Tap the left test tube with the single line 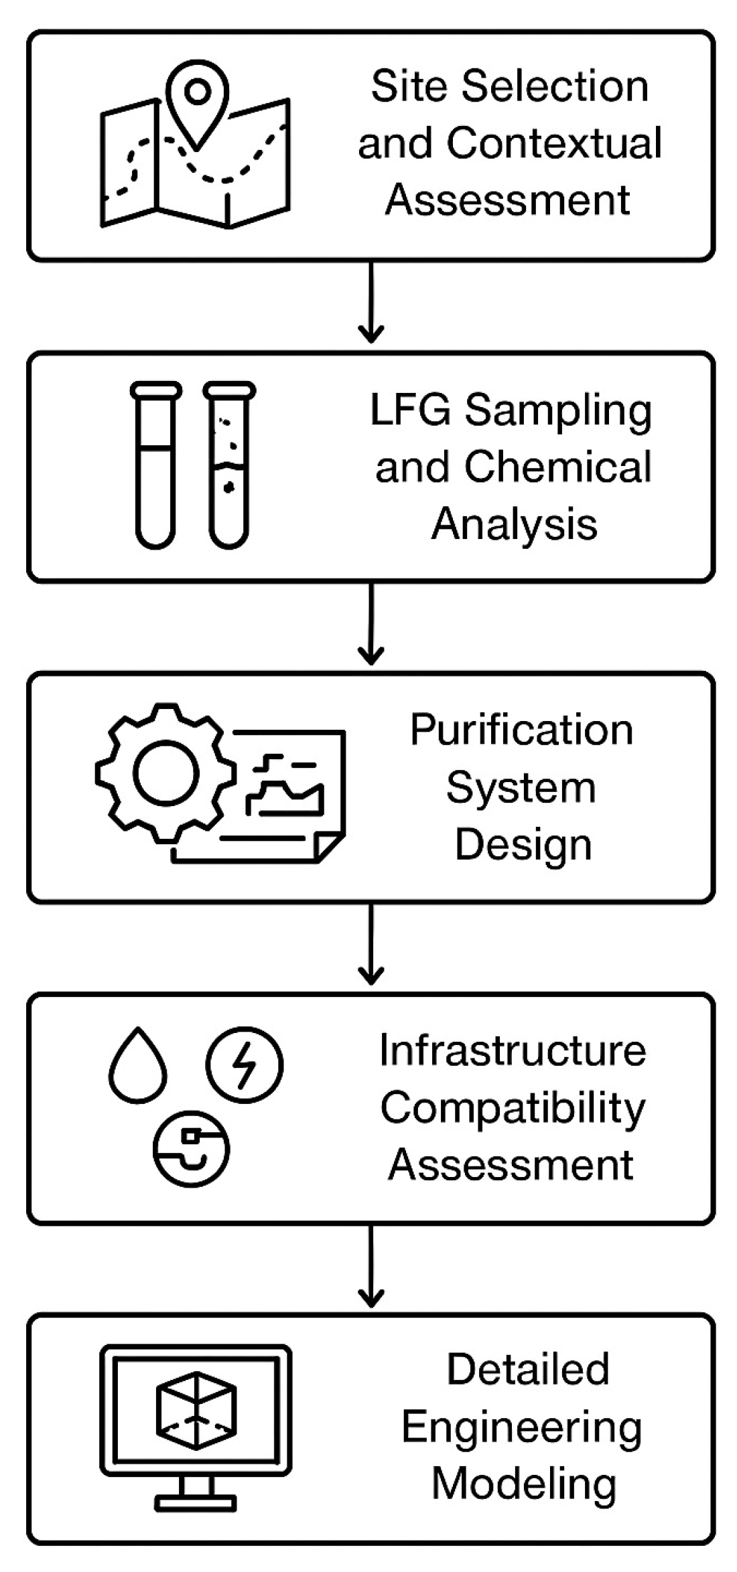(x=155, y=465)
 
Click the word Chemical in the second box (x=557, y=467)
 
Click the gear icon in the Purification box (x=165, y=773)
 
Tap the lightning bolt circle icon (x=245, y=1065)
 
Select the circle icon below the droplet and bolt (x=191, y=1149)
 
